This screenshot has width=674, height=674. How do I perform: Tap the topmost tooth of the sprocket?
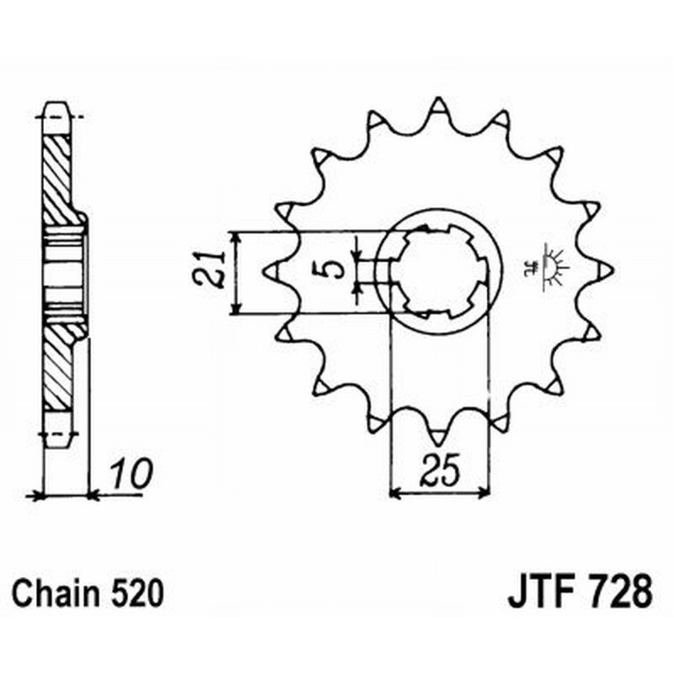point(437,109)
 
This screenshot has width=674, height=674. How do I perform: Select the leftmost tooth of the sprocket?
point(274,270)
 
